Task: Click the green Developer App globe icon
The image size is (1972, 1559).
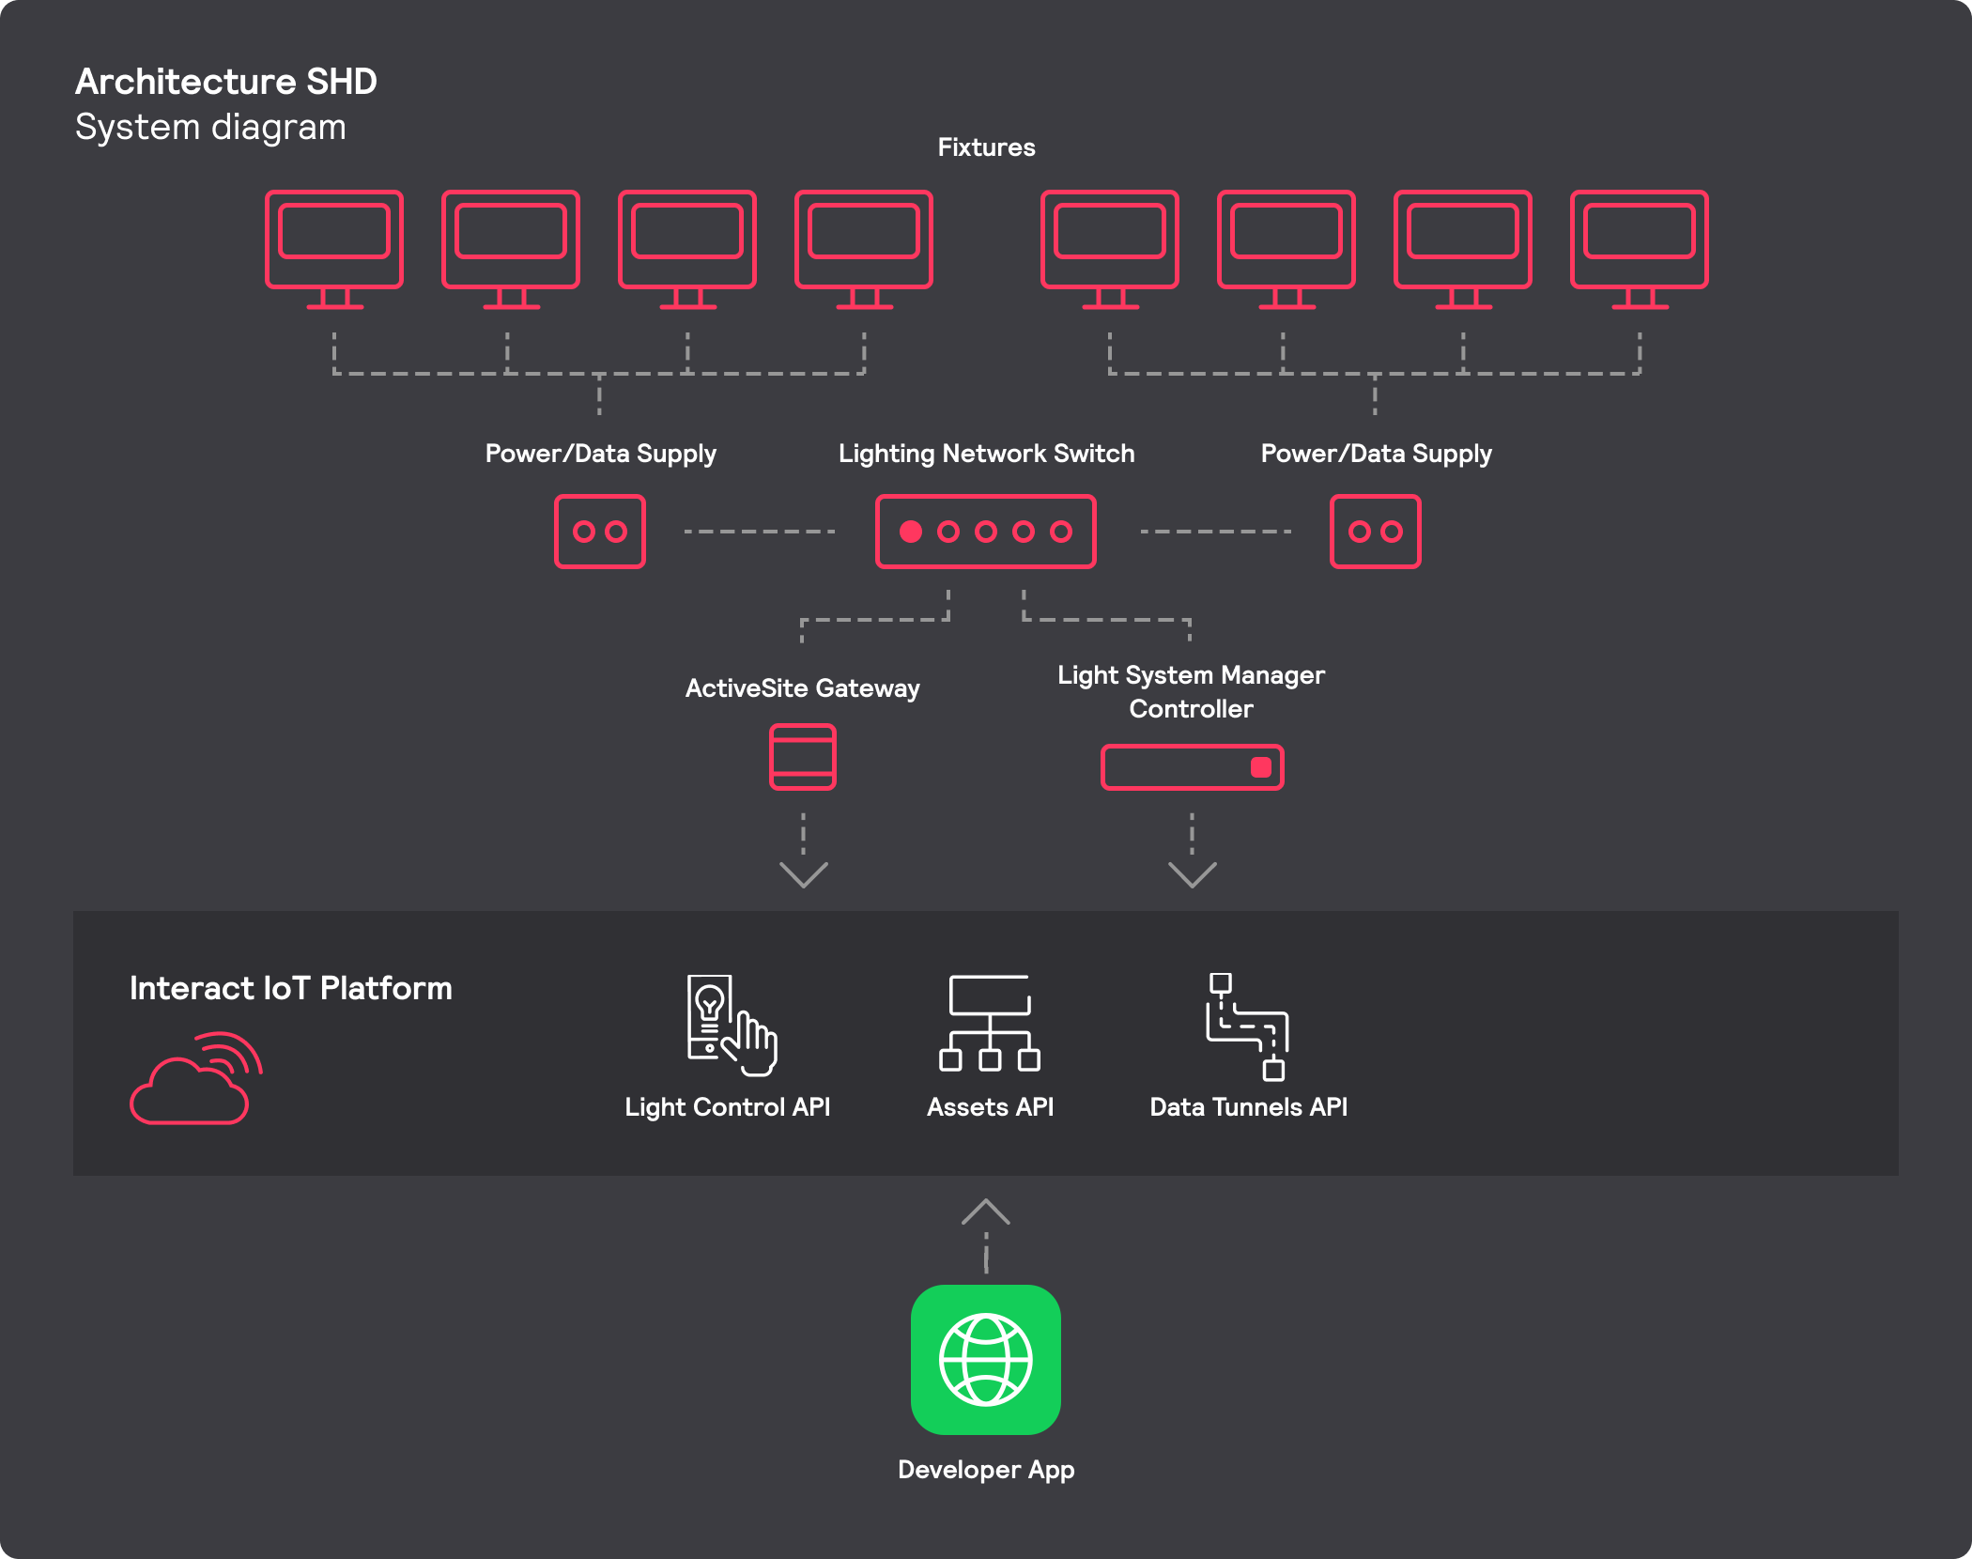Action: point(986,1359)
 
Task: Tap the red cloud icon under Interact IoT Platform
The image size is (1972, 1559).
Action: point(193,1080)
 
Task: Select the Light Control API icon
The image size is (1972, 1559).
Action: point(731,1025)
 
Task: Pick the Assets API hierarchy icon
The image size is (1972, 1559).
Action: point(989,1023)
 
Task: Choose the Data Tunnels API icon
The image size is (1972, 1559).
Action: point(1247,1026)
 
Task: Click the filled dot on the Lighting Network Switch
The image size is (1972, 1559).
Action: point(910,532)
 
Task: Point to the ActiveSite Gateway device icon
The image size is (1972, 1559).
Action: point(803,757)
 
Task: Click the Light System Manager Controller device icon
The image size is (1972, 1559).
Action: point(1192,767)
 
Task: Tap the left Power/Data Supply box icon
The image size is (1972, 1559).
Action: point(600,532)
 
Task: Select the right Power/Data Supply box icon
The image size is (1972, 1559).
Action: point(1375,532)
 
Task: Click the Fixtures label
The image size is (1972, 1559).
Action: point(986,147)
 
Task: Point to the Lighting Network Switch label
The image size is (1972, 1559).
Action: point(986,454)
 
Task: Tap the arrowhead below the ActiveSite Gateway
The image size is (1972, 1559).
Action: point(804,874)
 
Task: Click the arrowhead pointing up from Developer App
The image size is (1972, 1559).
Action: point(986,1212)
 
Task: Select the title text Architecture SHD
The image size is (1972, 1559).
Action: point(226,82)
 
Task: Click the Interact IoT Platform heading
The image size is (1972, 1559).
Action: point(291,988)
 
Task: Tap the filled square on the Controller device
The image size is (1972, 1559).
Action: point(1261,767)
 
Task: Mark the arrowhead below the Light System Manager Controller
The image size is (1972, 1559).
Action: point(1193,874)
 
